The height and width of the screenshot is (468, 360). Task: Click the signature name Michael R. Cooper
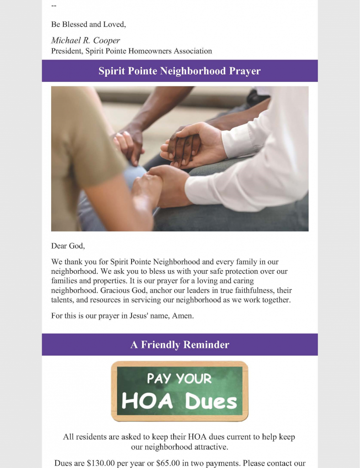[x=85, y=41]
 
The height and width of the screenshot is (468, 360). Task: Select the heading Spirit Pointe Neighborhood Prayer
[x=180, y=71]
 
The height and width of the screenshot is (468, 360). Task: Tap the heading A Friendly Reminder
[x=180, y=345]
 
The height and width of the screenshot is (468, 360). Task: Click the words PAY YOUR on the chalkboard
[x=179, y=378]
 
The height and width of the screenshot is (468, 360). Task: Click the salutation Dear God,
[x=68, y=246]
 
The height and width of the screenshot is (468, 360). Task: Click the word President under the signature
[x=67, y=51]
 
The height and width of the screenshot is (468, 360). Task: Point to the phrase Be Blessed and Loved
[x=88, y=24]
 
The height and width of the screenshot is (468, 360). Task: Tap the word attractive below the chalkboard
[x=203, y=447]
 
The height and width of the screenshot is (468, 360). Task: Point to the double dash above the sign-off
[x=54, y=6]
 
